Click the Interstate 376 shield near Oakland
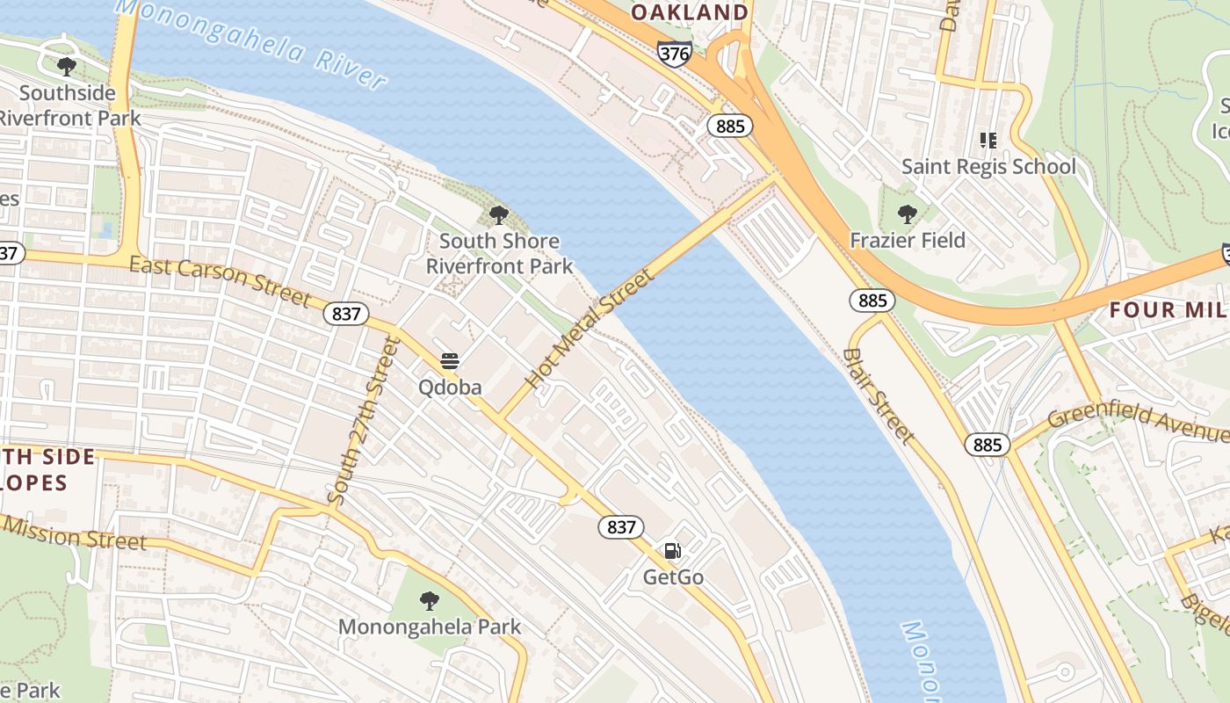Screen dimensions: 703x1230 (x=674, y=53)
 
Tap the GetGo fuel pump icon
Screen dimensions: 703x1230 (x=672, y=551)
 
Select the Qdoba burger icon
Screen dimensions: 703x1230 (x=450, y=360)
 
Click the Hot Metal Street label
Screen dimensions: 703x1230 (x=590, y=329)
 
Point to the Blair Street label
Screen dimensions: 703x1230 (x=878, y=395)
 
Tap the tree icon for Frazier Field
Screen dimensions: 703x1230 (x=907, y=214)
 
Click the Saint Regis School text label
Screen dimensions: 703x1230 (x=988, y=166)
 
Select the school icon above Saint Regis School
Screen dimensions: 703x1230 (x=988, y=141)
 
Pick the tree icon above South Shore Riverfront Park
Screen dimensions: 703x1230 (x=498, y=214)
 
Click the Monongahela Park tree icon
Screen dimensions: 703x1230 (x=429, y=601)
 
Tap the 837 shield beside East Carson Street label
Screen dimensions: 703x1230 (x=346, y=314)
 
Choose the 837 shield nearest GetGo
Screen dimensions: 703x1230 (x=621, y=527)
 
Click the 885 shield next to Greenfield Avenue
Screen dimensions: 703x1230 (x=988, y=445)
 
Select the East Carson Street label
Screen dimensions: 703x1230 (x=220, y=280)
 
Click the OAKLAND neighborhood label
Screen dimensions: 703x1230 (x=690, y=12)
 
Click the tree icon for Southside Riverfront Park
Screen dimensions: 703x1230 (x=66, y=66)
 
